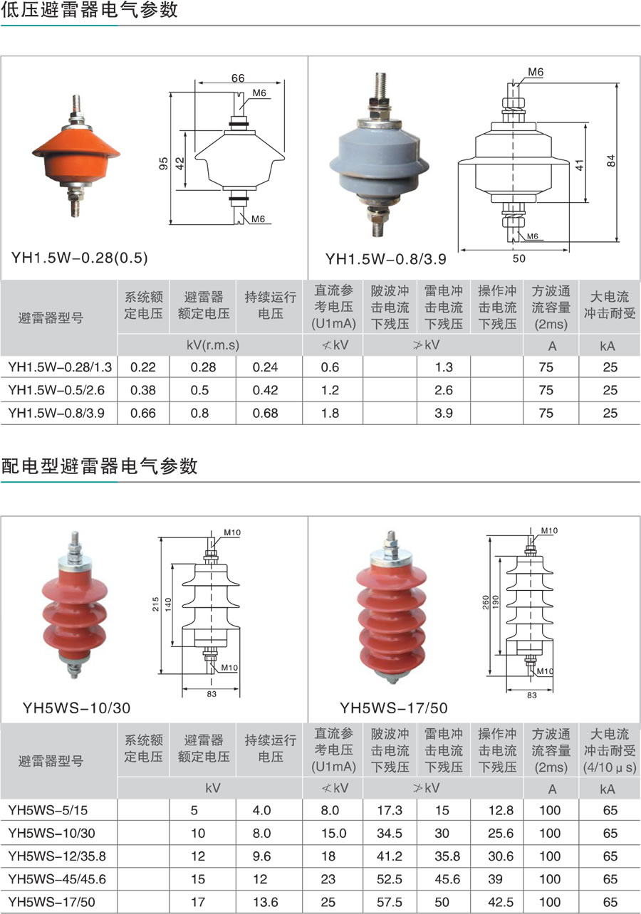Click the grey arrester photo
click(x=380, y=154)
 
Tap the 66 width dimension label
click(x=238, y=78)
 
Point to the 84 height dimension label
click(x=611, y=160)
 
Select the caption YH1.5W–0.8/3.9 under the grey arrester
click(x=385, y=259)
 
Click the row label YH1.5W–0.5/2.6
click(x=56, y=390)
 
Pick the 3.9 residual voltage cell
click(x=444, y=413)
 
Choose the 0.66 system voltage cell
click(x=143, y=413)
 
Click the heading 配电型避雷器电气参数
click(x=100, y=466)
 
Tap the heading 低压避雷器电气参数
click(x=90, y=10)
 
